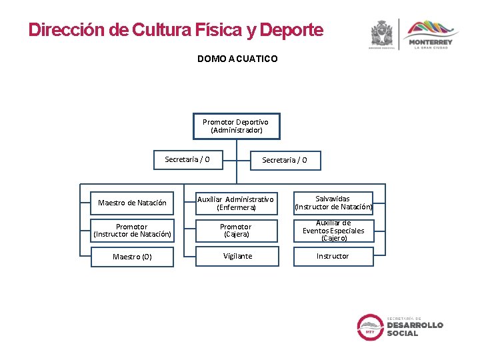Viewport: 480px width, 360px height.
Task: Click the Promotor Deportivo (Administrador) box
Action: point(236,126)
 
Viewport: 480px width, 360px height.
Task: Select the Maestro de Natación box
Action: point(132,203)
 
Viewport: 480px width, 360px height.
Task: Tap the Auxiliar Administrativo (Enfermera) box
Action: point(236,203)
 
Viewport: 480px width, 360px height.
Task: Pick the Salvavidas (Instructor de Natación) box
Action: point(333,203)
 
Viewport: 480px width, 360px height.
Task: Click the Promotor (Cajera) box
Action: point(236,231)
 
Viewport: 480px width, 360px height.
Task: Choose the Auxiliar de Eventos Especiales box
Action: point(333,231)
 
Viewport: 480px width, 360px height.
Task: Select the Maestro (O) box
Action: point(132,257)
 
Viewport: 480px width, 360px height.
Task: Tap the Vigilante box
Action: point(237,256)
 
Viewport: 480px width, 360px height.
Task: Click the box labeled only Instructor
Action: point(333,256)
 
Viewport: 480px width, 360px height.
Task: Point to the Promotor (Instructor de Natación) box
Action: point(132,231)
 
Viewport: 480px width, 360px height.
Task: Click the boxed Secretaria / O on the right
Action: point(285,160)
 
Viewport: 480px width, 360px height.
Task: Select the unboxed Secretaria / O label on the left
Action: point(187,159)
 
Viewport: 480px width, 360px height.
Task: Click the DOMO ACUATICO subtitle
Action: point(237,59)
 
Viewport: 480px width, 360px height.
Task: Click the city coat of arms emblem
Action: point(382,33)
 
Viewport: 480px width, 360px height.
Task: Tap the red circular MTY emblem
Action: point(369,327)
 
